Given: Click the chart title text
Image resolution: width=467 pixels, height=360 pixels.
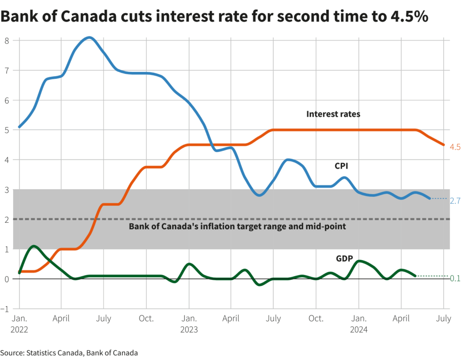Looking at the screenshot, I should coord(214,16).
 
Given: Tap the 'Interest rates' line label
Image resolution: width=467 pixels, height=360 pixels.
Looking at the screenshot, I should coord(333,114).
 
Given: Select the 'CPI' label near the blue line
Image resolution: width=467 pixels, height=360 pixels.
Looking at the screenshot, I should coord(342,167).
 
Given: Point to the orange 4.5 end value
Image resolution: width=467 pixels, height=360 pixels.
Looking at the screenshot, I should coord(455,147).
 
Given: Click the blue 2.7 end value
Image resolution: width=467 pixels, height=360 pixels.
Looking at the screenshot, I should coord(455,201).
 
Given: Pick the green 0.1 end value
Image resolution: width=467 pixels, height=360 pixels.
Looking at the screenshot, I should coord(455,278).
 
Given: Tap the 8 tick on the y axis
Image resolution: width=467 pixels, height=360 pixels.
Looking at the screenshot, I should coord(7,40).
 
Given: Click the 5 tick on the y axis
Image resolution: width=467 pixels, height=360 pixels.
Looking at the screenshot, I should coord(7,129).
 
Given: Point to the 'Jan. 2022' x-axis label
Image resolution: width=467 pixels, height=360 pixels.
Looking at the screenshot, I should coord(19,324).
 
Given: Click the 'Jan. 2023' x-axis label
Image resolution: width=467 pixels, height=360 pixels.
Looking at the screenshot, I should coord(189,324).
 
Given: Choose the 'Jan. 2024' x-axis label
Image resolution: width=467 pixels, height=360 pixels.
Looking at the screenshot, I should coord(358,324).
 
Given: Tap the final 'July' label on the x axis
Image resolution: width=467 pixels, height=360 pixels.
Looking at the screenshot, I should coord(443,318).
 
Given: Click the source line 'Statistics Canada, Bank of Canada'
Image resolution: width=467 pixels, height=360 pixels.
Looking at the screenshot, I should coord(69,352).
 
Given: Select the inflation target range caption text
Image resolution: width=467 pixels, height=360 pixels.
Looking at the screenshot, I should coord(237,226).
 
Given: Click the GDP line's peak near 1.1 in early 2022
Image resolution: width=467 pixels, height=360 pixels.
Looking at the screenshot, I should coord(34,246).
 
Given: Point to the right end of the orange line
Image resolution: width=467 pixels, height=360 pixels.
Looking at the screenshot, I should coord(443,145).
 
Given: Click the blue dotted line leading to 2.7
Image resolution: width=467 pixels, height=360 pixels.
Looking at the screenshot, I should coord(439,198).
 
